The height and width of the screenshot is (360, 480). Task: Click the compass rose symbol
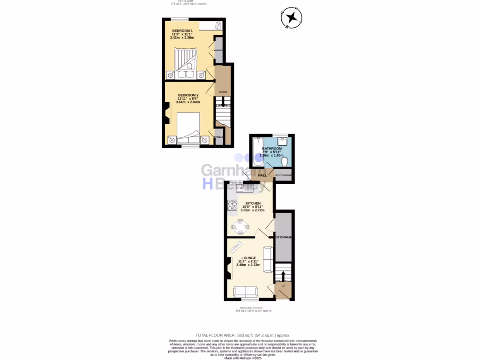pos(292,18)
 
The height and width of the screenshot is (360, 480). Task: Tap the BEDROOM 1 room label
pos(182,31)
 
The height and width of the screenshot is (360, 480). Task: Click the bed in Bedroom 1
pos(187,61)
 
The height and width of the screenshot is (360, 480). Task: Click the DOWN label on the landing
pos(223,92)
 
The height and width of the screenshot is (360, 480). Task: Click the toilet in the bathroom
pos(284,162)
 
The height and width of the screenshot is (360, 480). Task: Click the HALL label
pos(262,175)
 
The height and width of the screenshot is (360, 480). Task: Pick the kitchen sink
pos(245,188)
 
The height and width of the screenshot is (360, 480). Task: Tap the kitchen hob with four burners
pos(232,205)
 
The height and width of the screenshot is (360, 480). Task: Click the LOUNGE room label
pos(248,258)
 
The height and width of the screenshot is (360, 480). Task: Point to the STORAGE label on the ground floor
pos(284,237)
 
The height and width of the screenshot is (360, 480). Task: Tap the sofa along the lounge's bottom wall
pos(246,292)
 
